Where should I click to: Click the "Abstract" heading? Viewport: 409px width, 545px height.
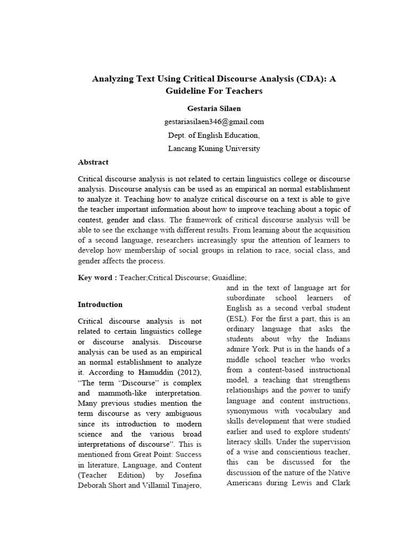pyautogui.click(x=93, y=162)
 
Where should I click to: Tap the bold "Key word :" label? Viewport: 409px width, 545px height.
pyautogui.click(x=97, y=277)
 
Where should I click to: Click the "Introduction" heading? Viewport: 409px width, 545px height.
pyautogui.click(x=100, y=305)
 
